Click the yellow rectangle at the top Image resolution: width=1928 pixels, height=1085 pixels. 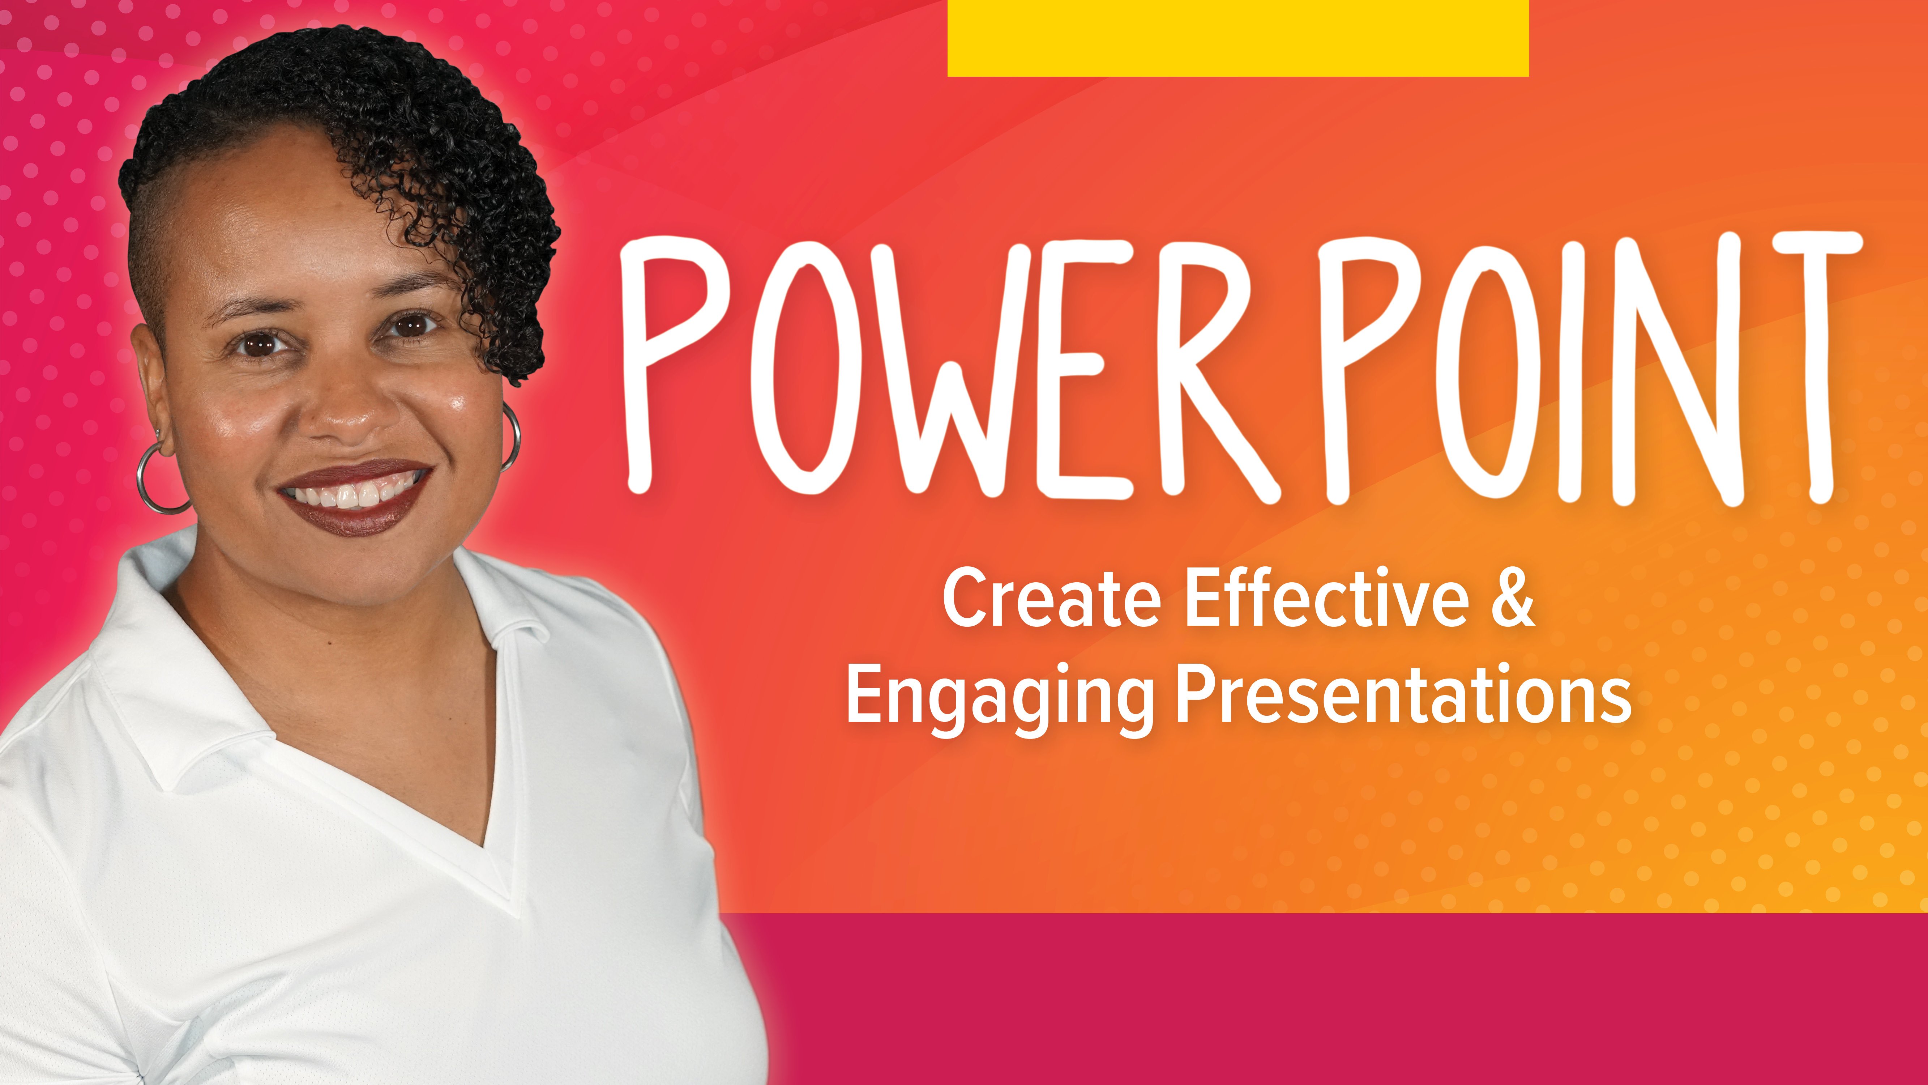1238,38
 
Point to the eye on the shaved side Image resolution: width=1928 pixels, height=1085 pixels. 258,344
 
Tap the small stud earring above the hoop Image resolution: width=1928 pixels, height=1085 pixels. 158,434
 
